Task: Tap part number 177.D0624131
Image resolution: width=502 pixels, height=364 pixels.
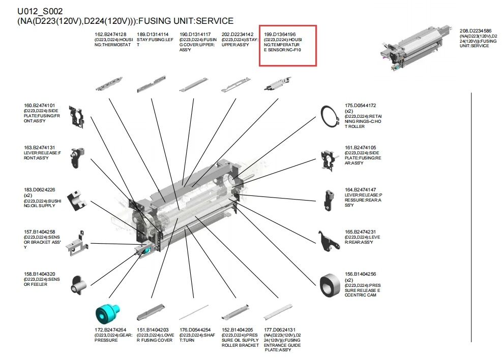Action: (279, 330)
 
